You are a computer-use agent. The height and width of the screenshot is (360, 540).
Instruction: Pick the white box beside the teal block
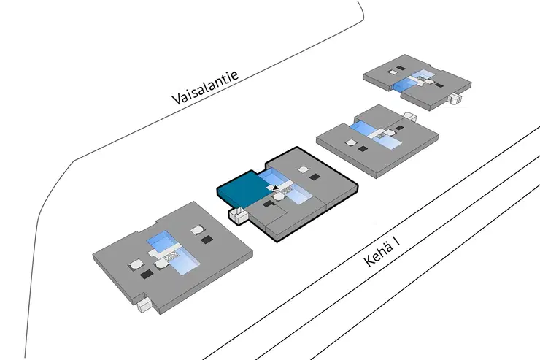(x=237, y=215)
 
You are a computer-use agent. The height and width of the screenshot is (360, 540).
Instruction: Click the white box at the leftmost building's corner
(x=145, y=302)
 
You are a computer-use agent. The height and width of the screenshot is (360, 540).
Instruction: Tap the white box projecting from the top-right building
(x=457, y=99)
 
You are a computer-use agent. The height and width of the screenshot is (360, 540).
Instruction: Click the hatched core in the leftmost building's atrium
(x=172, y=256)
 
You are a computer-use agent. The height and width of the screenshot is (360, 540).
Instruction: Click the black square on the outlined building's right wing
(x=315, y=177)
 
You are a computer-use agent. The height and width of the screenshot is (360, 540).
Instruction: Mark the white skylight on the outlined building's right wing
(x=301, y=171)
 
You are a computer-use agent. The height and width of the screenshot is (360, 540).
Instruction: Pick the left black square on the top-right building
(x=393, y=72)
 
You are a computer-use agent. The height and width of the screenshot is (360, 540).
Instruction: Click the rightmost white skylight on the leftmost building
(x=196, y=231)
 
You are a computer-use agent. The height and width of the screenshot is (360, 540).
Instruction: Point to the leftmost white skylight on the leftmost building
(x=136, y=264)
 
